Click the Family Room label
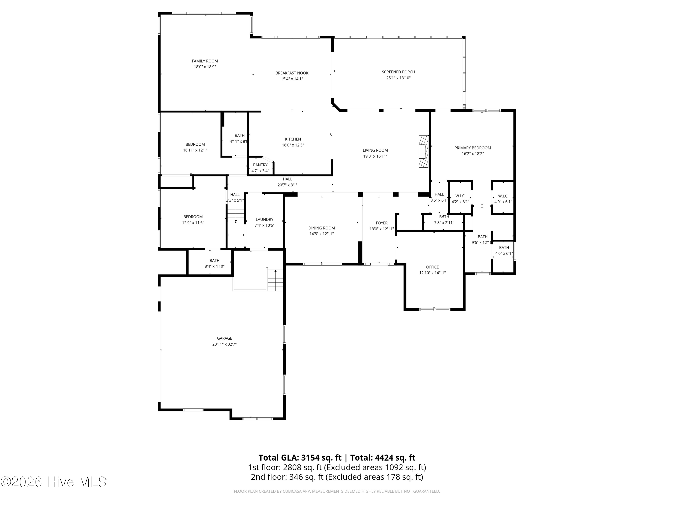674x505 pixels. [205, 61]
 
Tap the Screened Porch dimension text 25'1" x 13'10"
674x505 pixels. [398, 78]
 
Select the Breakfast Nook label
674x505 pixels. [292, 73]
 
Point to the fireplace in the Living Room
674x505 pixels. [423, 151]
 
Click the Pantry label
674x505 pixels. [260, 165]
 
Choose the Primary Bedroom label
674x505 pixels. [473, 148]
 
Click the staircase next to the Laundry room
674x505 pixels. [236, 214]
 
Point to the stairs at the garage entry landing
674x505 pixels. [275, 280]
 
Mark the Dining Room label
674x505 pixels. [321, 228]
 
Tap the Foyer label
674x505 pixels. [381, 223]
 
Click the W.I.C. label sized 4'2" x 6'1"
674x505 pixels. [460, 196]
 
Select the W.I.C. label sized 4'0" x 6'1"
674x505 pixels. [503, 196]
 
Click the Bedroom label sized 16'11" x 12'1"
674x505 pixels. [195, 144]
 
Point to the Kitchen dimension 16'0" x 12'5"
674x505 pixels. [293, 145]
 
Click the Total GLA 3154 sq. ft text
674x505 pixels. [300, 457]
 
